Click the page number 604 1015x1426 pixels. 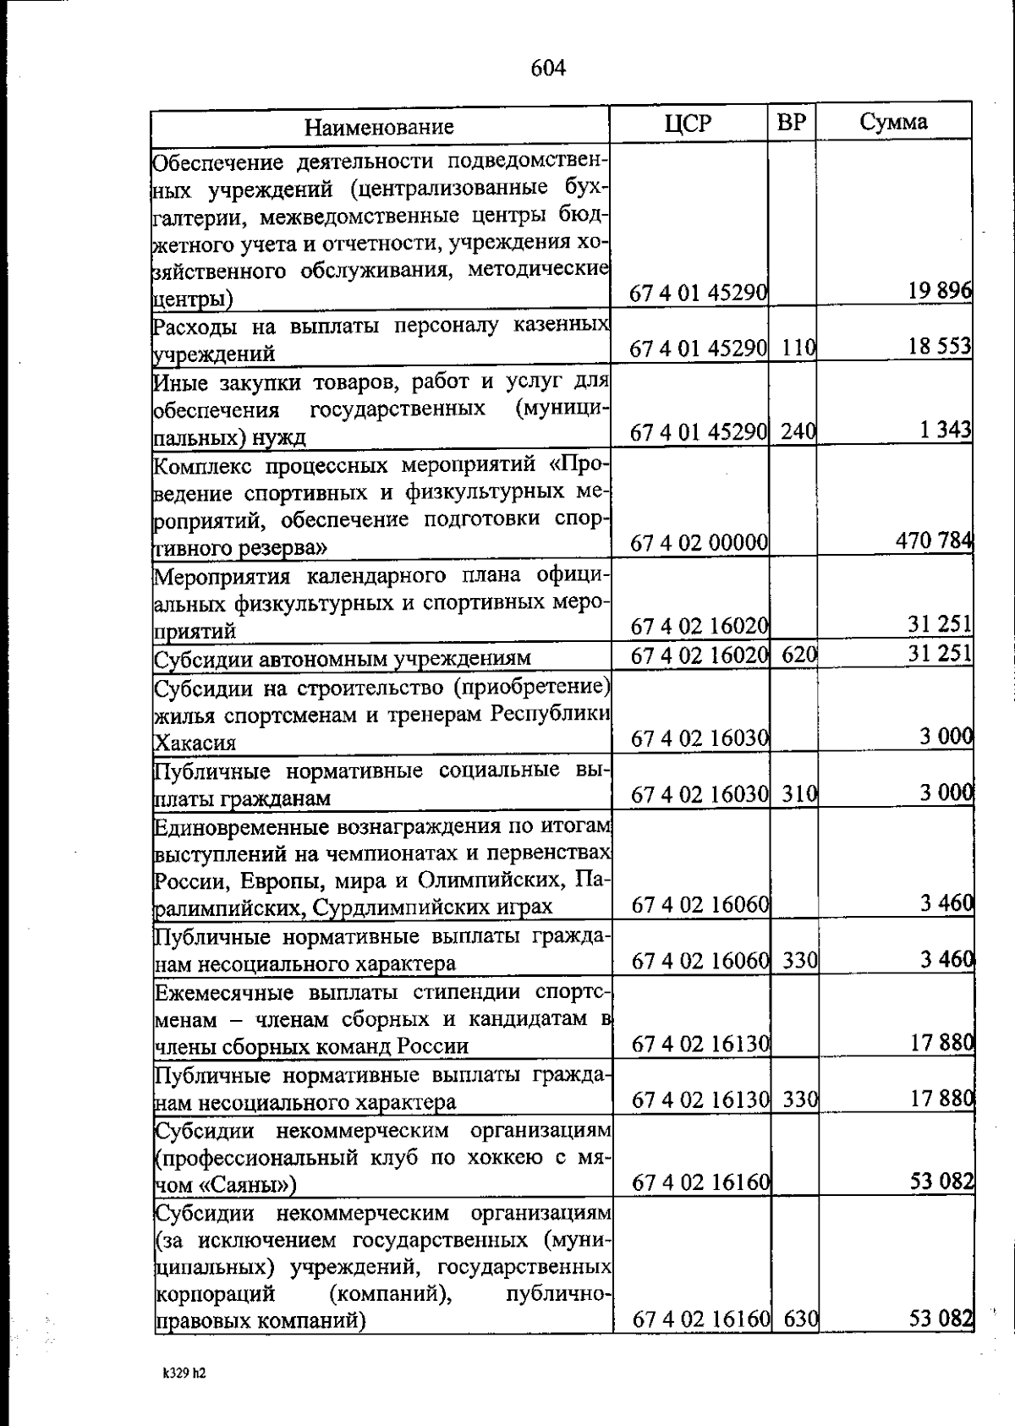pos(548,68)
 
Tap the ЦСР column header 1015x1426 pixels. pos(689,123)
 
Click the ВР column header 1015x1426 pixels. pos(792,123)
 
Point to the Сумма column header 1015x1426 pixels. pos(893,122)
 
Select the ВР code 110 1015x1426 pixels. pos(798,348)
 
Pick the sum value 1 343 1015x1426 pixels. pos(945,431)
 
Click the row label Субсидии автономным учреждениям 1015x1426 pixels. pos(342,657)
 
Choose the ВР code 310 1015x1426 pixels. pos(798,793)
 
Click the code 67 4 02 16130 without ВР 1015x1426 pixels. pos(700,1045)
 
